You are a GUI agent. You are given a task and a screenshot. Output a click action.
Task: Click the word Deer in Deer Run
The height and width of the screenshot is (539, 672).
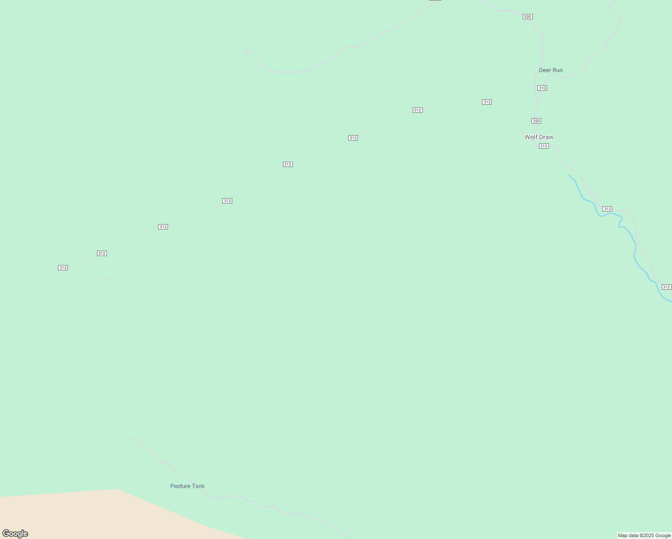(544, 70)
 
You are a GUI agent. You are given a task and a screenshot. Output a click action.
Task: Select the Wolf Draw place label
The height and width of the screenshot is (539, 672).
(539, 137)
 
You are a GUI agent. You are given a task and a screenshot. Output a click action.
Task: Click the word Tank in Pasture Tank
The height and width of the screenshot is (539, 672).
(199, 486)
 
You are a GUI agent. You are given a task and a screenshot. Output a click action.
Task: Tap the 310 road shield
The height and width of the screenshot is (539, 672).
(542, 88)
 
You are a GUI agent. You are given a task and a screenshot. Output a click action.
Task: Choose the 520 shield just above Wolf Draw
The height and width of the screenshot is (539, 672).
(536, 121)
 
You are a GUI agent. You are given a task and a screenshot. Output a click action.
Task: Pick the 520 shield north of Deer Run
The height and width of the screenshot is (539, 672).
(528, 17)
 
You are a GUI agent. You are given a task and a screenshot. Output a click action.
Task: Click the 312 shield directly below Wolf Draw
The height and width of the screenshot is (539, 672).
(544, 146)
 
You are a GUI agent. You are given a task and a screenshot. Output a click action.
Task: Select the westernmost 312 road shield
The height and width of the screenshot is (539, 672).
(63, 268)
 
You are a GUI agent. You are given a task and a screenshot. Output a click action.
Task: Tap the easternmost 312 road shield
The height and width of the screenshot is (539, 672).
(667, 287)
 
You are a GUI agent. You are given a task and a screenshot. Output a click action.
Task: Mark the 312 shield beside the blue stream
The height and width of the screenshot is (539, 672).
(607, 209)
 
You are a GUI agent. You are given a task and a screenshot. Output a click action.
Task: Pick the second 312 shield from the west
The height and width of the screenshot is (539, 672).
(102, 253)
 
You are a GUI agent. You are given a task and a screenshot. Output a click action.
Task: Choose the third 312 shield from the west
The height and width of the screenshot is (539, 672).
(163, 227)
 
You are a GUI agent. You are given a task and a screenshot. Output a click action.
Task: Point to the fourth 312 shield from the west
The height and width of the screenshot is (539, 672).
(227, 201)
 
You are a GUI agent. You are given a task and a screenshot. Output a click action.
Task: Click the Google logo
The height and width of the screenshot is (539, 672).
(15, 534)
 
